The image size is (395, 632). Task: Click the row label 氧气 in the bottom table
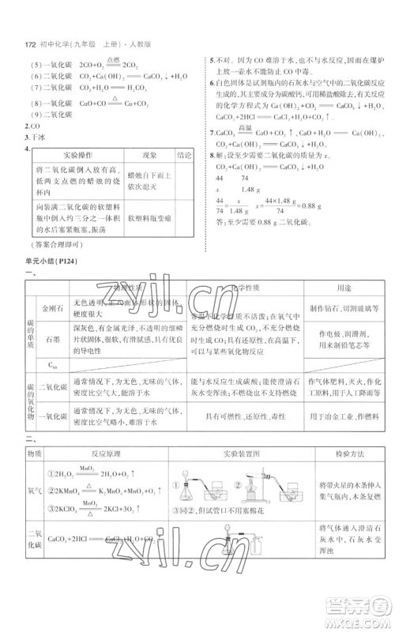(34, 491)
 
